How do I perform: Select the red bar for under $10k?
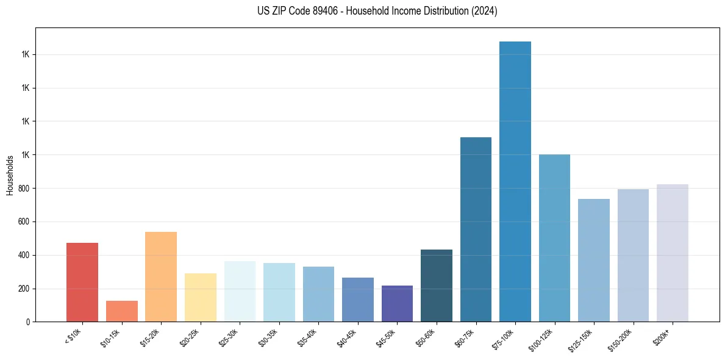(82, 282)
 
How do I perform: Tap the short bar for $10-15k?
(121, 311)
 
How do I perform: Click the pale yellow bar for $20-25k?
(200, 297)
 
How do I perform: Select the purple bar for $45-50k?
(397, 303)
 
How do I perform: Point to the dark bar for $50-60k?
(437, 286)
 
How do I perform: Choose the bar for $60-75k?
(476, 229)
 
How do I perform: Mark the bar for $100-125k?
(554, 238)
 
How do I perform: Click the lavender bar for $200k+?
(672, 253)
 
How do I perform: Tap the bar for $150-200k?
(633, 255)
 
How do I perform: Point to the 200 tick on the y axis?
(26, 289)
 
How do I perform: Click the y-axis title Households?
(10, 175)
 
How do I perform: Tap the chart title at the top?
(377, 11)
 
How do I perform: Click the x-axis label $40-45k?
(346, 337)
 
